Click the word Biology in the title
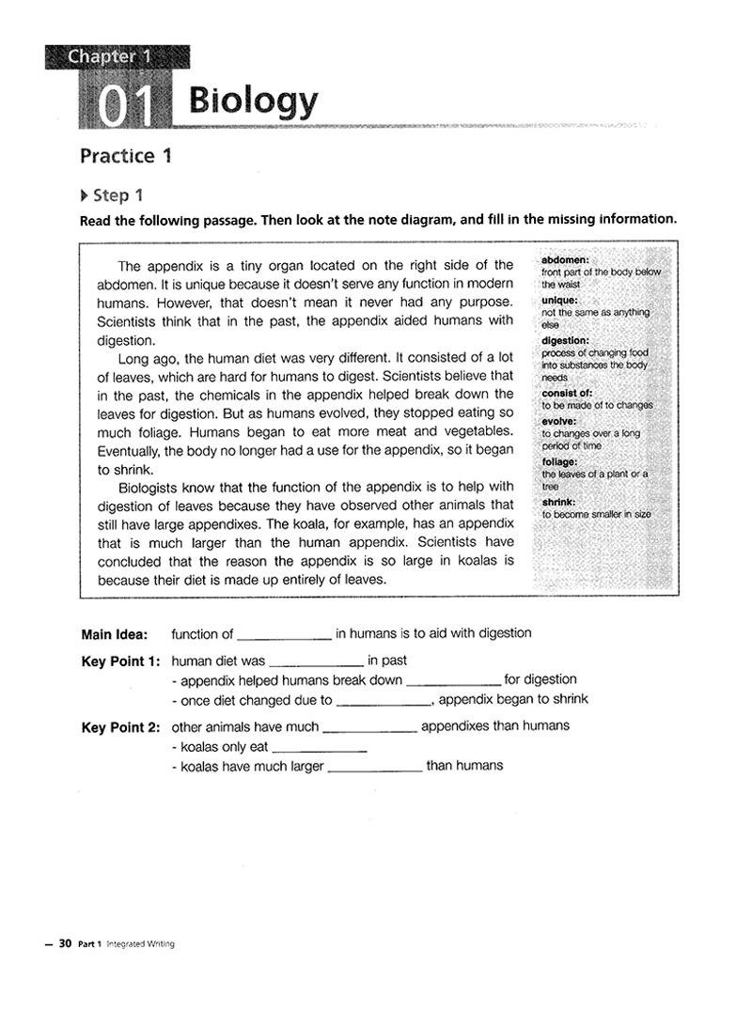pos(252,101)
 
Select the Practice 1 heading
pos(125,156)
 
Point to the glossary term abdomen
pos(566,259)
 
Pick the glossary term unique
pos(560,300)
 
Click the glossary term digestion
pos(566,340)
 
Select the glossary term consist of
pos(567,393)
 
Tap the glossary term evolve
pos(559,422)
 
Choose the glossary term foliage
pos(559,461)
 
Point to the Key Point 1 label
pos(120,661)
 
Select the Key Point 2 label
pos(120,726)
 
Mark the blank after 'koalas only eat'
pos(318,749)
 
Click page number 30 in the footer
pos(66,943)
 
